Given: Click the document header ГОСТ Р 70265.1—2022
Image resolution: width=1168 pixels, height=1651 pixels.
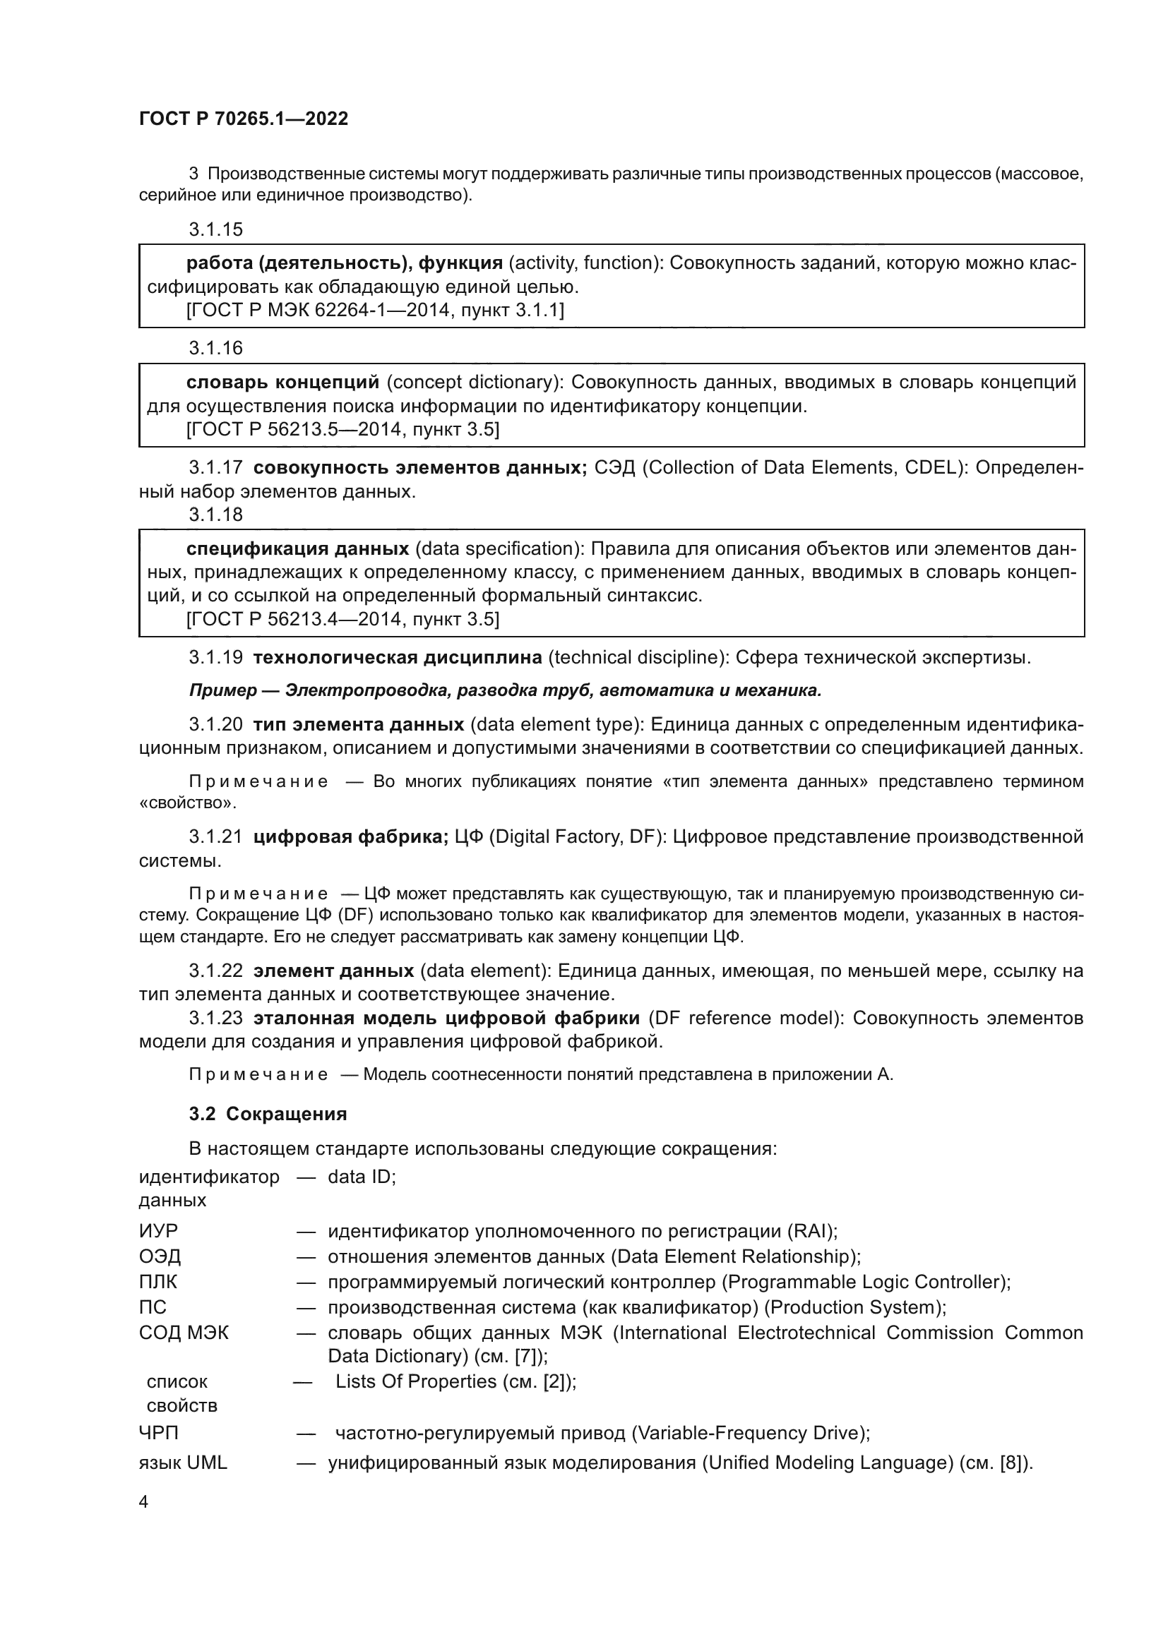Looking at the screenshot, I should coord(243,119).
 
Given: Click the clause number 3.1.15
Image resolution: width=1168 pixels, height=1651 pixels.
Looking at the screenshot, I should coord(216,229).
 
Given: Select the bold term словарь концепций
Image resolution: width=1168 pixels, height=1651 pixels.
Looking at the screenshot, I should coord(282,382).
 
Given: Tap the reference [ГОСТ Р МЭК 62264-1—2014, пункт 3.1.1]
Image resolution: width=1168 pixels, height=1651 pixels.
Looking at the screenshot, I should coord(375,311).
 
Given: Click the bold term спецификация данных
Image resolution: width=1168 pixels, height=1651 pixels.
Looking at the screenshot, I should coord(298,548).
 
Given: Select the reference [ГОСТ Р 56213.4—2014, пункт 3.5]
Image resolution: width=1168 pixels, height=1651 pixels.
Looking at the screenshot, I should coord(342,619).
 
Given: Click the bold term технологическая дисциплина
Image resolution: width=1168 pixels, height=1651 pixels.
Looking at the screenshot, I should coord(397,657).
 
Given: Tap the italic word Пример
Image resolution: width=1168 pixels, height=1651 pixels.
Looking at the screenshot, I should coord(223,690).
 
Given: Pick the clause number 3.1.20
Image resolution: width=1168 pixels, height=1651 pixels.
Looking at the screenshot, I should coord(216,724).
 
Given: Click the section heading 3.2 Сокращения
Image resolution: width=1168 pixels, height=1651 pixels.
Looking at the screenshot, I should coord(268,1114).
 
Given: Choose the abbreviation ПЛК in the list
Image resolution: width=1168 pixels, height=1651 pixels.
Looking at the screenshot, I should coord(157,1281).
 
